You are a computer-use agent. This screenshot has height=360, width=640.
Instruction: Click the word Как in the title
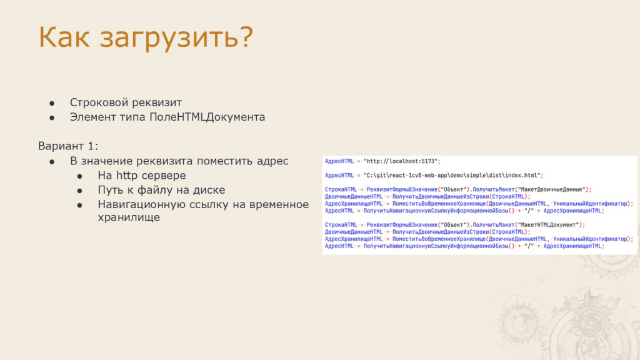point(64,37)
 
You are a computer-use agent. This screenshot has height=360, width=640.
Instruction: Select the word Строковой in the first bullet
point(97,102)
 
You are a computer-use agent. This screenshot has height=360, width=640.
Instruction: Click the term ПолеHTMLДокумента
point(207,117)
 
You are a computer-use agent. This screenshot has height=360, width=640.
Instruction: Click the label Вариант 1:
point(68,146)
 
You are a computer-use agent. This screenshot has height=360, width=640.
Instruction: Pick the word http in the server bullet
point(126,176)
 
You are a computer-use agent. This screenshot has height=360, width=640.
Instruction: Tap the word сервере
point(163,176)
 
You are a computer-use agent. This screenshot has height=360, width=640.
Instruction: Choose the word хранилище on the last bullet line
point(129,217)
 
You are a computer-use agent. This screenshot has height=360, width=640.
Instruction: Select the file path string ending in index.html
point(452,176)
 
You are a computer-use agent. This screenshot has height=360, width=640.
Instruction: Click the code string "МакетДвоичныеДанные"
point(552,189)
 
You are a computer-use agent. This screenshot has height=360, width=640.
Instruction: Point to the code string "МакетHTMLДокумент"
point(549,225)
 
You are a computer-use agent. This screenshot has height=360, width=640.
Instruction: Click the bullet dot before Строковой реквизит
point(52,103)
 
